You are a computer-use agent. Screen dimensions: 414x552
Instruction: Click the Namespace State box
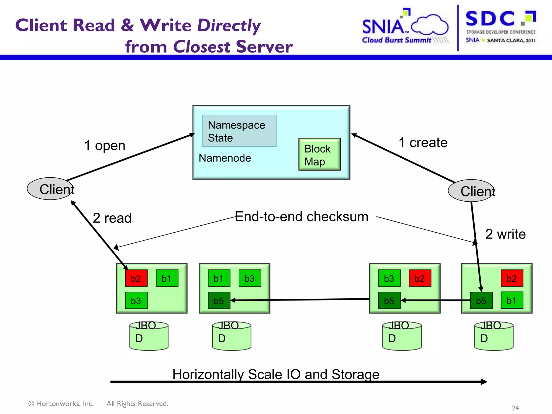tap(239, 131)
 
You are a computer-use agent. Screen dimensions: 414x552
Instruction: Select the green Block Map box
tap(319, 154)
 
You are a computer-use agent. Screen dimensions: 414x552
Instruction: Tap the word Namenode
tap(225, 158)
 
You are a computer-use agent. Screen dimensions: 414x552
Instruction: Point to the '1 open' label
tap(105, 146)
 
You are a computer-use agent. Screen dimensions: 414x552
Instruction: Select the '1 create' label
tap(423, 143)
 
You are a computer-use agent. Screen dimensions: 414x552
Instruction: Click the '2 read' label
tap(112, 218)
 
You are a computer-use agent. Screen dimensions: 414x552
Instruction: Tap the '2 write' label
tap(505, 234)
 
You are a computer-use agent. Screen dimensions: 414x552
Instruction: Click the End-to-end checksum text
tap(301, 217)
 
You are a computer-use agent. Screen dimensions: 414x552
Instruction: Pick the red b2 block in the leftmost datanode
tap(136, 278)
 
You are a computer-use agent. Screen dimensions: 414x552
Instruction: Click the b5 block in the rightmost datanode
tap(481, 301)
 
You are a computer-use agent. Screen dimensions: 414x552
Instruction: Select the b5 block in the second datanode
tap(219, 301)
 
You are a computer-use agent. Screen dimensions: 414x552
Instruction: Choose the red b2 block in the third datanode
tap(420, 278)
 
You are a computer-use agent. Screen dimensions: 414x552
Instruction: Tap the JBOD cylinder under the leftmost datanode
tap(149, 336)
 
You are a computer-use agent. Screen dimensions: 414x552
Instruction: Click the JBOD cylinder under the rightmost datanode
tap(494, 336)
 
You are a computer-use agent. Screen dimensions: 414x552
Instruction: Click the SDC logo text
tap(490, 19)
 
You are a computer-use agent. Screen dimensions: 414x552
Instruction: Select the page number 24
tap(515, 408)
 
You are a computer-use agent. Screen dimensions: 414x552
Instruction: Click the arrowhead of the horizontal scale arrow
tap(484, 382)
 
